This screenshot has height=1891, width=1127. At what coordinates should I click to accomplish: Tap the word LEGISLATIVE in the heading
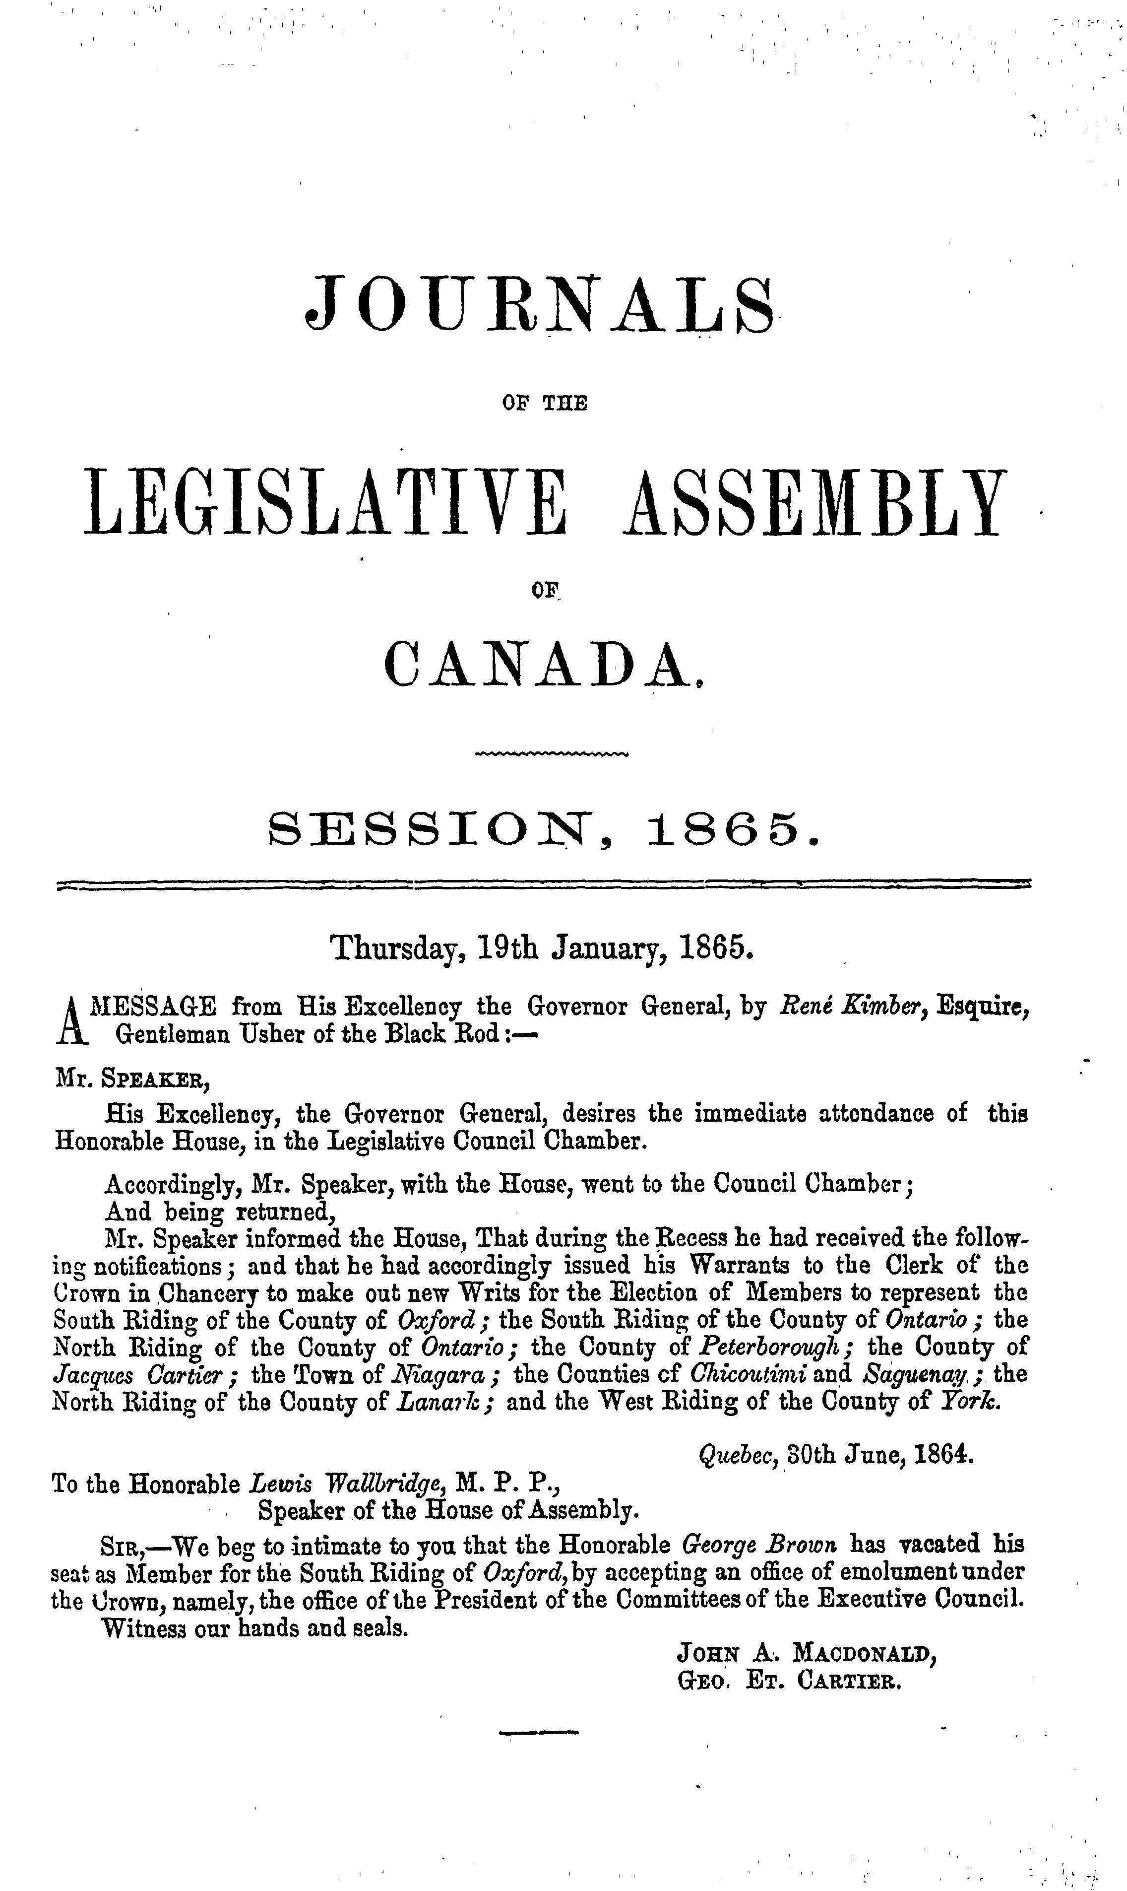[326, 504]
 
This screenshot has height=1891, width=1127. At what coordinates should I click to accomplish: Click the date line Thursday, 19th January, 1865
[542, 949]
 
